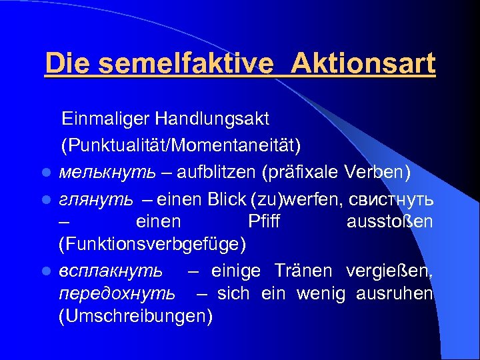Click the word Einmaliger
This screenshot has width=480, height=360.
coord(106,119)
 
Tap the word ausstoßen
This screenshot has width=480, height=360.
coord(389,221)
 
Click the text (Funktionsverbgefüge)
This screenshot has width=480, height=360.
coord(153,245)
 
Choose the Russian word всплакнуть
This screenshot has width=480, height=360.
coord(110,270)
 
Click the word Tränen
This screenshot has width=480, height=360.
coord(307,270)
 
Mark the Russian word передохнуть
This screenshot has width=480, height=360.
coord(117,294)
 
